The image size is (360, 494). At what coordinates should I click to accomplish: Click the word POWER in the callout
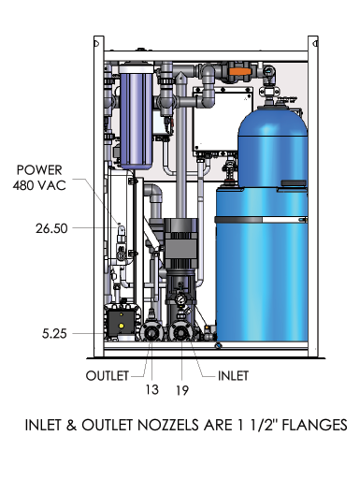click(x=39, y=170)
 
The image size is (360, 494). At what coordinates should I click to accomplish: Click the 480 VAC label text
click(x=39, y=185)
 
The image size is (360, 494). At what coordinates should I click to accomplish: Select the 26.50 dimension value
click(x=51, y=228)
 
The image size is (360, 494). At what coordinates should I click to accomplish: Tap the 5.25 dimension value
click(x=54, y=334)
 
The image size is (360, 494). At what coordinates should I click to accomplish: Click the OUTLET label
click(x=108, y=375)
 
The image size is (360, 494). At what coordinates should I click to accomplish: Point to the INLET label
click(x=233, y=375)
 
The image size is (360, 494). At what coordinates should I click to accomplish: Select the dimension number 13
click(x=151, y=390)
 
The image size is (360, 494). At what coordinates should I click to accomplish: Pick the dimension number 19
click(x=182, y=391)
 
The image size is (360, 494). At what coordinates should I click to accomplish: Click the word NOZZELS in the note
click(x=168, y=425)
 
